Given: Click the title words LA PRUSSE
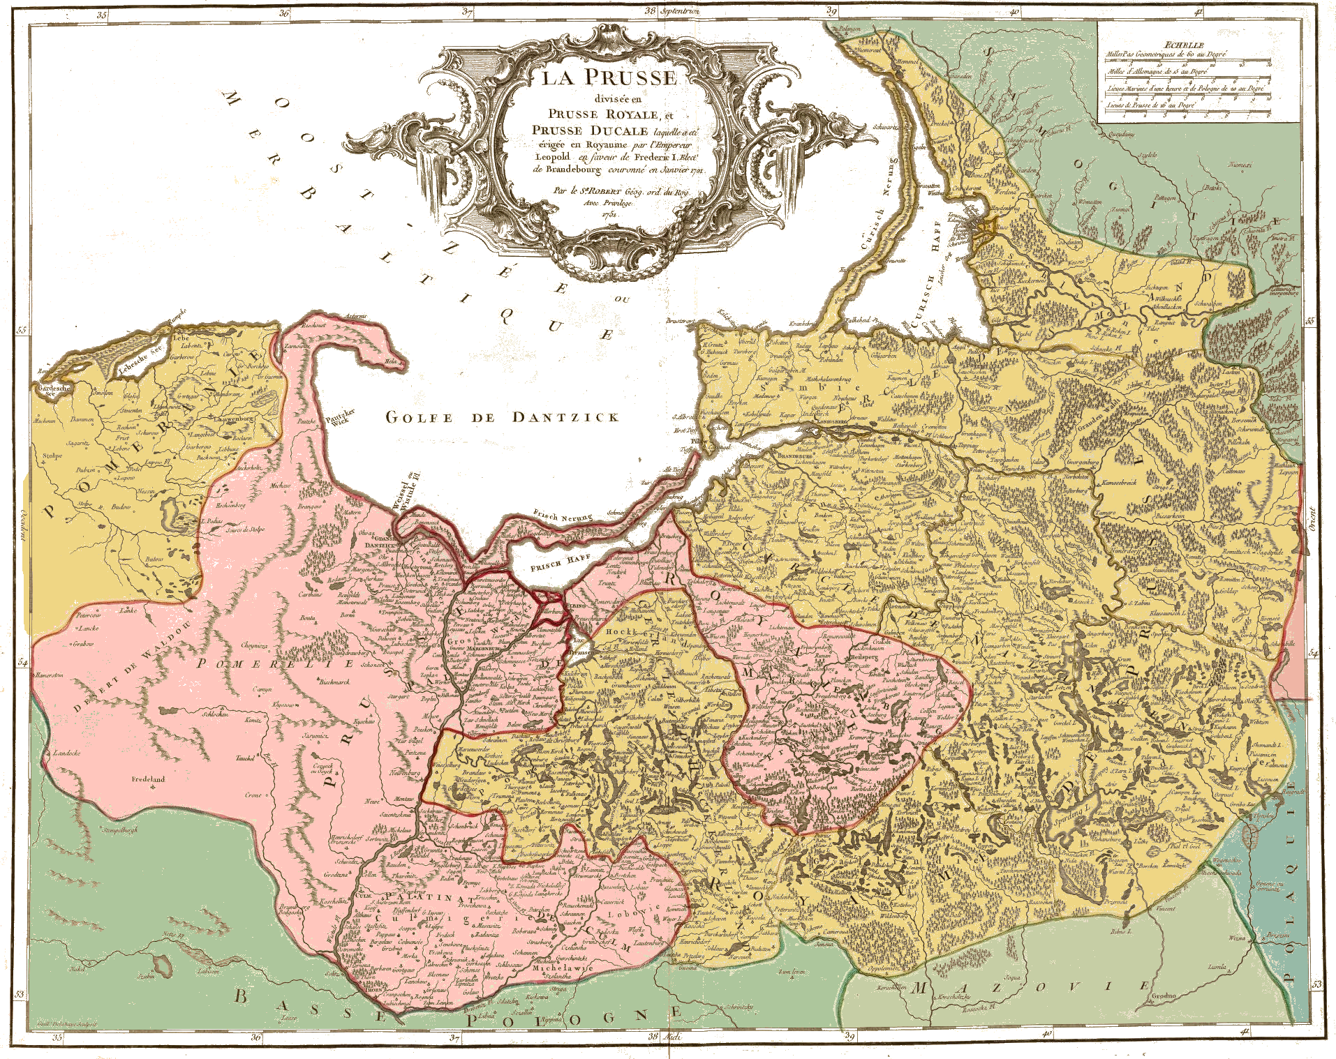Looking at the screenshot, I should pyautogui.click(x=609, y=77).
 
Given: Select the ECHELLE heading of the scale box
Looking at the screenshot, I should pyautogui.click(x=1189, y=45).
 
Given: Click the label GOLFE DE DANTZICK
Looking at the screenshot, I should pyautogui.click(x=503, y=417).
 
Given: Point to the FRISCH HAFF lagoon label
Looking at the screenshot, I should pyautogui.click(x=561, y=562).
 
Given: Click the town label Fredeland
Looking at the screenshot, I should pyautogui.click(x=148, y=779).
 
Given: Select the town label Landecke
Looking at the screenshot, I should pyautogui.click(x=66, y=753).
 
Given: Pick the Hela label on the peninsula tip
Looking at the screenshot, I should pyautogui.click(x=392, y=361).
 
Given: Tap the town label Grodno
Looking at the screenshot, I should pyautogui.click(x=1164, y=996).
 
